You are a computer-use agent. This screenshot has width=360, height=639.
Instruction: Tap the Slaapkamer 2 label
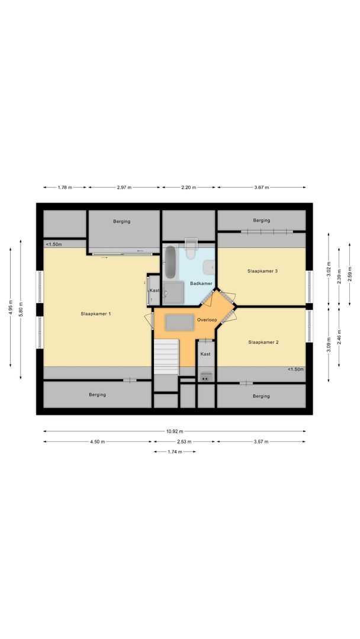(x=263, y=342)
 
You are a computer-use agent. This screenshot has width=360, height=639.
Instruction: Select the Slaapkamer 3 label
(x=262, y=271)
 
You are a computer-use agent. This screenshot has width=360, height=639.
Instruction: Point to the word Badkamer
(x=201, y=283)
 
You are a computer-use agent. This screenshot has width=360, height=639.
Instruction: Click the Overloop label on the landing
(x=207, y=320)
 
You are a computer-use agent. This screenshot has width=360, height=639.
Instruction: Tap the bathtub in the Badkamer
(x=169, y=263)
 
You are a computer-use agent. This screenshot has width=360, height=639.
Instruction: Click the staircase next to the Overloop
(x=166, y=357)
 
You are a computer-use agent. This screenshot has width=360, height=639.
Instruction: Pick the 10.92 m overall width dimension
(x=175, y=431)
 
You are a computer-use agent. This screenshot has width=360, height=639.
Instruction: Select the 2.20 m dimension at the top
(x=189, y=188)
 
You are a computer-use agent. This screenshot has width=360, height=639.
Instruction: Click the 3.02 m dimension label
(x=329, y=271)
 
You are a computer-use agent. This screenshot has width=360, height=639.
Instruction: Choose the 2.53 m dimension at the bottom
(x=185, y=442)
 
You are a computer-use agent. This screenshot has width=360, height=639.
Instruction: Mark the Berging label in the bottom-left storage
(x=97, y=395)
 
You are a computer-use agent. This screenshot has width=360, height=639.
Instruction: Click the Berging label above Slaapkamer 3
(x=261, y=221)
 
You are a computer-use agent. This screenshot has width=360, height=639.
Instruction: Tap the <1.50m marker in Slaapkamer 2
(x=295, y=370)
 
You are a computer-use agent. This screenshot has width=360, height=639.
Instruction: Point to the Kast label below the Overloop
(x=205, y=354)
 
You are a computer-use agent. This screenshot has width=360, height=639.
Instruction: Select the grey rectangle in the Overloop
(x=179, y=322)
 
